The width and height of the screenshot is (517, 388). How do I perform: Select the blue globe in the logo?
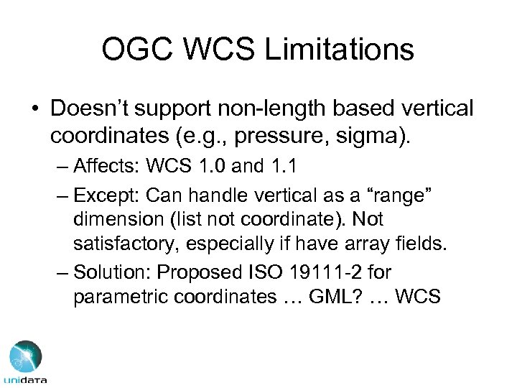pyautogui.click(x=23, y=356)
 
